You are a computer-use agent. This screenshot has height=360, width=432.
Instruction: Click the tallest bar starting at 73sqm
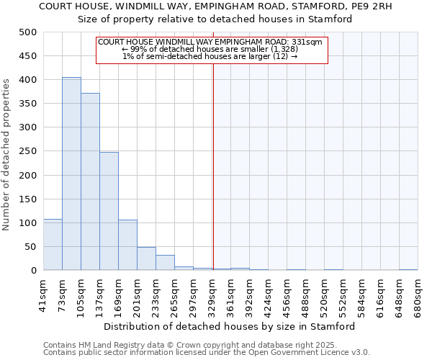click(71, 174)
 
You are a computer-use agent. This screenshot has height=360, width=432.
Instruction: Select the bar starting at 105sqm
click(90, 181)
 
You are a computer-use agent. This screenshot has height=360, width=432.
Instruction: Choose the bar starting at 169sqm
click(127, 245)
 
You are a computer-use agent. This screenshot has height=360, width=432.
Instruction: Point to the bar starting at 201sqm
click(146, 258)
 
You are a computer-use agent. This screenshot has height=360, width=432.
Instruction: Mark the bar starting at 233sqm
click(165, 263)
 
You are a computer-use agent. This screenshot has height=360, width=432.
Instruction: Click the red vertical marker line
click(213, 166)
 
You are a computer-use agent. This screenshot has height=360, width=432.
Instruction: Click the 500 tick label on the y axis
click(28, 32)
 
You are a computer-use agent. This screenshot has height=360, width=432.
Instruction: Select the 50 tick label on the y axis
click(31, 247)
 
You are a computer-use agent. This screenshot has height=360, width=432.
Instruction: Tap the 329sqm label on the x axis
click(212, 295)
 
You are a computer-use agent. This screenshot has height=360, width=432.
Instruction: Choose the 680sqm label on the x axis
click(418, 295)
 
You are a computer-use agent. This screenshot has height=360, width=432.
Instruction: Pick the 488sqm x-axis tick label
click(306, 295)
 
